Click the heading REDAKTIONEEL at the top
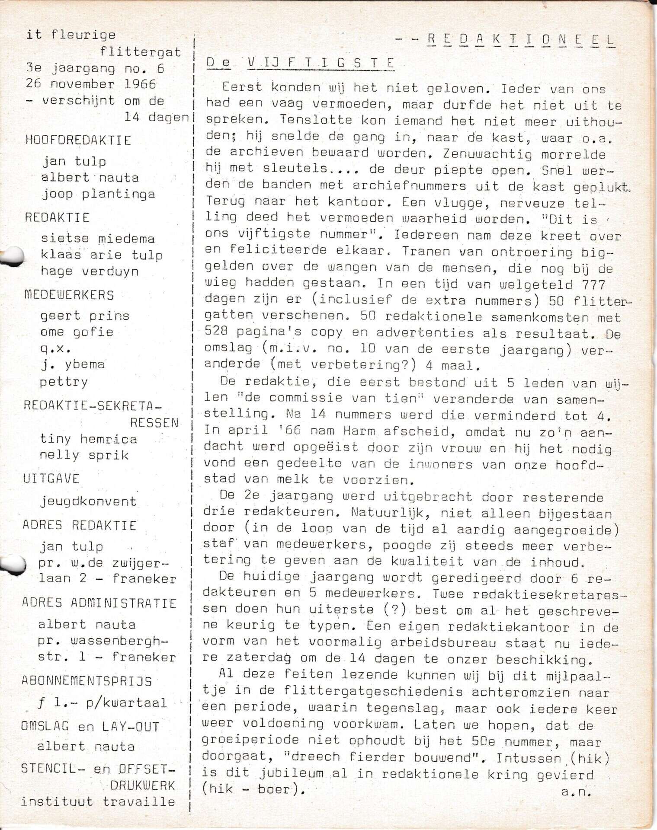coord(521,39)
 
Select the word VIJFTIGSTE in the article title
coord(320,63)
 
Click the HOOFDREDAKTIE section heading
coord(78,140)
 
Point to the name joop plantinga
coord(98,194)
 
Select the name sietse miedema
coord(97,239)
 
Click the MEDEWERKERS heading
coord(69,295)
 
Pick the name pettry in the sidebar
coord(64,382)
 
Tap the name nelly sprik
coord(84,455)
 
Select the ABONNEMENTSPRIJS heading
coord(87,681)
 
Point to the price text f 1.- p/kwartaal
coord(102,703)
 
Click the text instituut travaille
coord(98,801)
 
